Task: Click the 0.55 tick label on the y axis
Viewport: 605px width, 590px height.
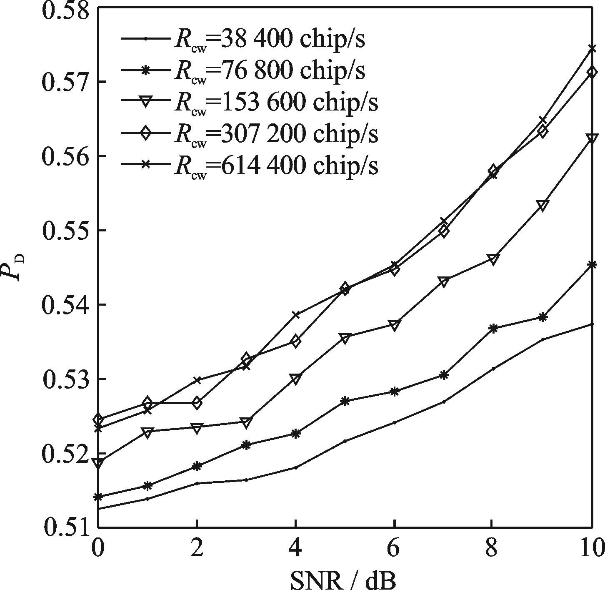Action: point(67,231)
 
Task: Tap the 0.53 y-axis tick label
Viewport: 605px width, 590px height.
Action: point(67,379)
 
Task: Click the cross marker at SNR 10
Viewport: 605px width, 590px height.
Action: point(592,49)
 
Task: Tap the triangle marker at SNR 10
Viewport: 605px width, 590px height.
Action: point(592,138)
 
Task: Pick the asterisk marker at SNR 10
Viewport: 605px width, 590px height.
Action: point(592,264)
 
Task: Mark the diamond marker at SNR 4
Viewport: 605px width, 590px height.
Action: point(295,341)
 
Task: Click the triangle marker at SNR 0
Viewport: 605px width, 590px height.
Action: point(98,463)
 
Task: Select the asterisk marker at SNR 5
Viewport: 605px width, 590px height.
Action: point(345,401)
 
